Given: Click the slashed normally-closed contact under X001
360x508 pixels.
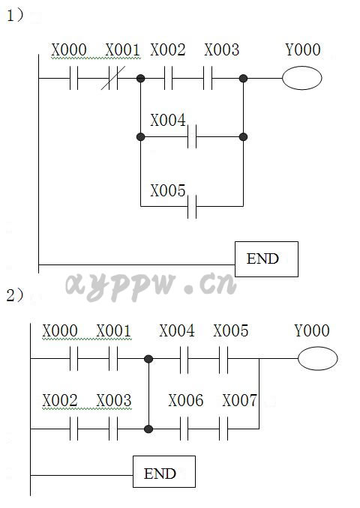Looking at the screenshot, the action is (x=112, y=78).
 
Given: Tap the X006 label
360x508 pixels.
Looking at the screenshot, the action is (x=186, y=400).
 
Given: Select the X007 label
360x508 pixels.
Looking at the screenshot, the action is (x=240, y=400).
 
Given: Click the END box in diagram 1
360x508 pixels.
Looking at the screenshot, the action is (x=266, y=259).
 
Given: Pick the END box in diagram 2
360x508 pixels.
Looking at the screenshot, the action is (x=164, y=472).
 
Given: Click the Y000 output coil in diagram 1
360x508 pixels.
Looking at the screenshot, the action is (x=302, y=78).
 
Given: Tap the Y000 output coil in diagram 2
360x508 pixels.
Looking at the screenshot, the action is (x=317, y=359).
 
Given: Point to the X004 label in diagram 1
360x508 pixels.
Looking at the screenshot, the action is (x=168, y=120).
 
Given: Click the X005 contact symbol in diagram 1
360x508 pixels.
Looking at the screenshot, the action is (x=192, y=206).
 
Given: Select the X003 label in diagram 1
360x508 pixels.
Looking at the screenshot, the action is (x=222, y=50).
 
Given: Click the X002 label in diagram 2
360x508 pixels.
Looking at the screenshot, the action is (x=60, y=400).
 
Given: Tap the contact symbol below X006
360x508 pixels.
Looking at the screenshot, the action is (x=184, y=429).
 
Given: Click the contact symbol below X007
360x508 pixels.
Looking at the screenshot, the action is (x=223, y=429).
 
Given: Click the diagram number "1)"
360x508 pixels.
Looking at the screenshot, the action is (x=15, y=15).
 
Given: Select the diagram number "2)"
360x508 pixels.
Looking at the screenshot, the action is (x=15, y=295).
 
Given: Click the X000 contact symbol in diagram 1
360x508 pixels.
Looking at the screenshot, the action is (x=74, y=78).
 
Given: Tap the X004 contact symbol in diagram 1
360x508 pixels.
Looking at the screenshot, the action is (x=192, y=136).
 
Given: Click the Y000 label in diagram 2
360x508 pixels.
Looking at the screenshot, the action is (x=312, y=330).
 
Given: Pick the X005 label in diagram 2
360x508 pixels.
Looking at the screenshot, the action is (x=231, y=330).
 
